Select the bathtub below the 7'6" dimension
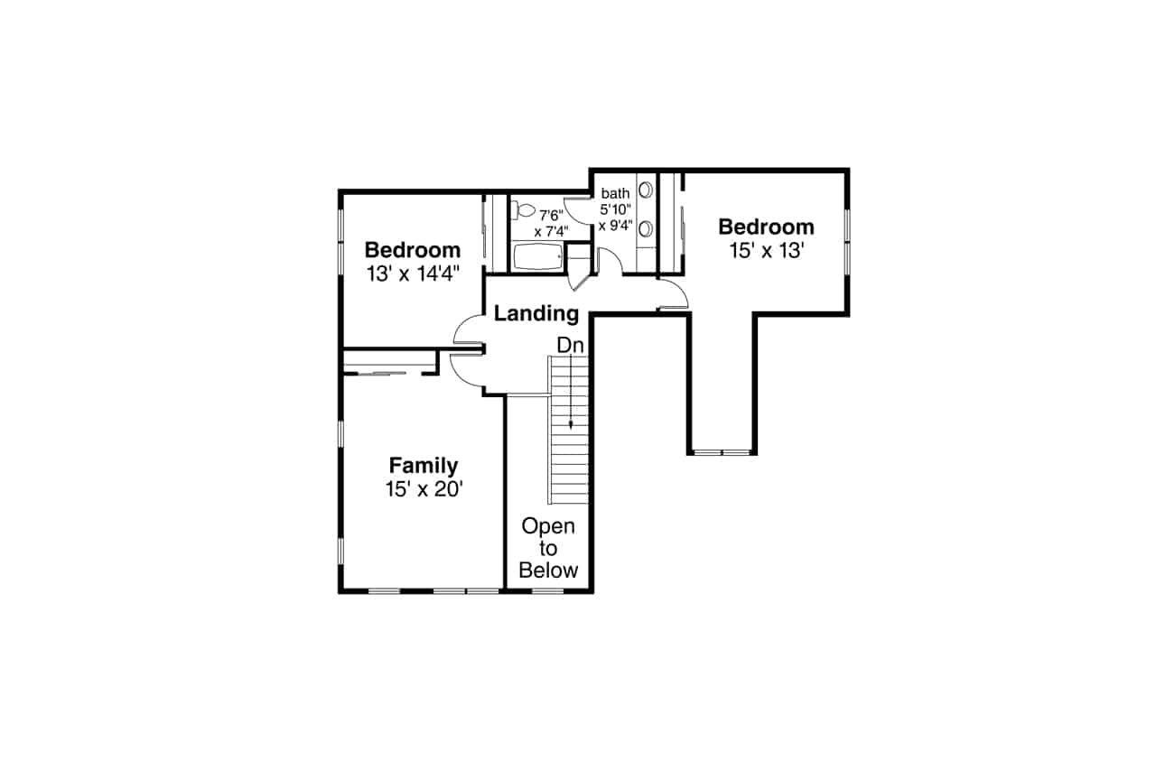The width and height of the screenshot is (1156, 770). click(x=537, y=257)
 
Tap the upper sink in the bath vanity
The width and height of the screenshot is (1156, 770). click(x=647, y=190)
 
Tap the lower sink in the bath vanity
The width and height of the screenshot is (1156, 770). click(x=647, y=227)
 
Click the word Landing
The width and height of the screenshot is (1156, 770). click(x=536, y=314)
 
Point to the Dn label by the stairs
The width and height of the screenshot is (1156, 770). click(x=570, y=345)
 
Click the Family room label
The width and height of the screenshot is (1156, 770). click(x=423, y=466)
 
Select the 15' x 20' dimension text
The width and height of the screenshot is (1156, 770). click(x=423, y=489)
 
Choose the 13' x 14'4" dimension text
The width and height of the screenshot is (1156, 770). click(x=413, y=274)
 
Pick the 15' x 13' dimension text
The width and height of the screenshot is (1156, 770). click(x=766, y=251)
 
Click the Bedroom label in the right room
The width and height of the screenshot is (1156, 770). click(x=766, y=227)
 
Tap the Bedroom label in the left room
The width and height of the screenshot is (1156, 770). click(x=413, y=250)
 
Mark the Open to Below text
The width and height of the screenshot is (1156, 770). click(x=549, y=548)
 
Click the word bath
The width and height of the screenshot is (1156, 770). click(x=615, y=193)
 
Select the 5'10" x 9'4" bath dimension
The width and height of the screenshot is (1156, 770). click(x=615, y=218)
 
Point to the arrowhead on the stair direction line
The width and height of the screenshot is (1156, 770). click(x=570, y=423)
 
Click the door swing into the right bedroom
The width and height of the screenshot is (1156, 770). click(x=670, y=293)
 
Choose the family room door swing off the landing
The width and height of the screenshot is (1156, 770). click(x=466, y=368)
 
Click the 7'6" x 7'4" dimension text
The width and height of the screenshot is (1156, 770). click(x=551, y=222)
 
